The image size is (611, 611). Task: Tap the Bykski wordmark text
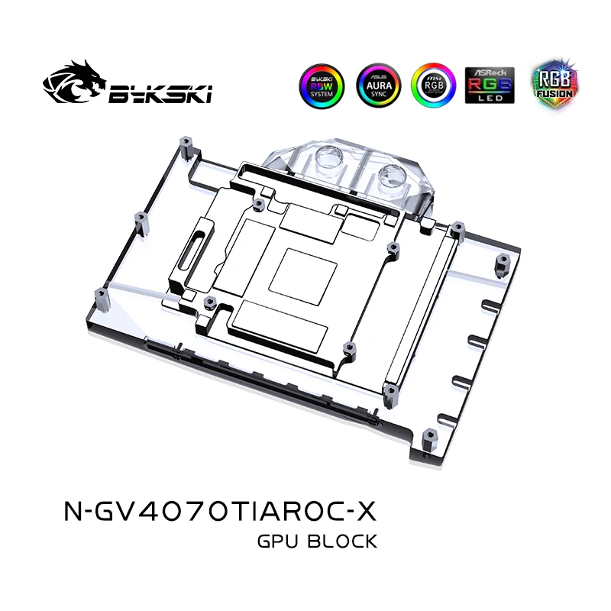(x=160, y=94)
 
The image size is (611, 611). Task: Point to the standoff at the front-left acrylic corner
(x=99, y=300)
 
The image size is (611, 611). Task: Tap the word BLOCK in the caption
(x=342, y=541)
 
